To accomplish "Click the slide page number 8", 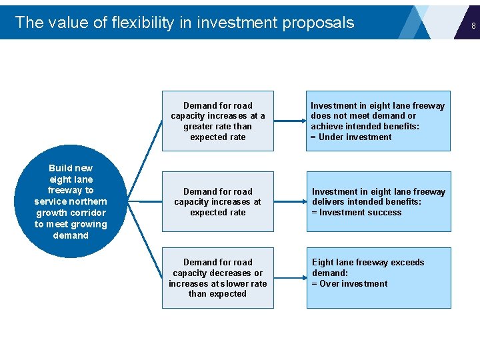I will [x=473, y=26].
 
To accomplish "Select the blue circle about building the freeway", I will [x=71, y=201].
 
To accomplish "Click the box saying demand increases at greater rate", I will [x=217, y=121].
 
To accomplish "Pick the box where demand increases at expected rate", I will [x=217, y=201].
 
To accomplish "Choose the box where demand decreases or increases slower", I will [x=217, y=277].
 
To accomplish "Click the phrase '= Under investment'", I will [x=351, y=137].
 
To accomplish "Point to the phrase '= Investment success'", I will [x=357, y=213].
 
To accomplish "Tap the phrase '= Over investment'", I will [x=349, y=283].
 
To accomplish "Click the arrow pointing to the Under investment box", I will [x=289, y=121].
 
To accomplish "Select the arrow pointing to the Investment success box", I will [x=289, y=201].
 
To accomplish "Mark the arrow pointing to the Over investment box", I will [x=289, y=278].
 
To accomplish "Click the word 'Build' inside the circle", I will [x=61, y=168].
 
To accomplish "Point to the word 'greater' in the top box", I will [x=199, y=127].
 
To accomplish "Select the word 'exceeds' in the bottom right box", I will [x=407, y=262].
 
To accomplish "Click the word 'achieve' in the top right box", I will [x=327, y=127].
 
